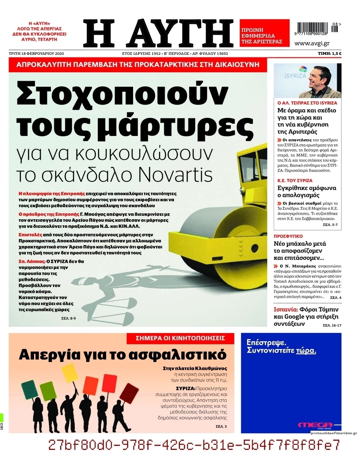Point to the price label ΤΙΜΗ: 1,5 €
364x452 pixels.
point(329,54)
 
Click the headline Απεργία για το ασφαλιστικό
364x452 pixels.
point(122,354)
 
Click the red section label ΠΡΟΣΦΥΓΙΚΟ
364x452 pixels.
point(289,236)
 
